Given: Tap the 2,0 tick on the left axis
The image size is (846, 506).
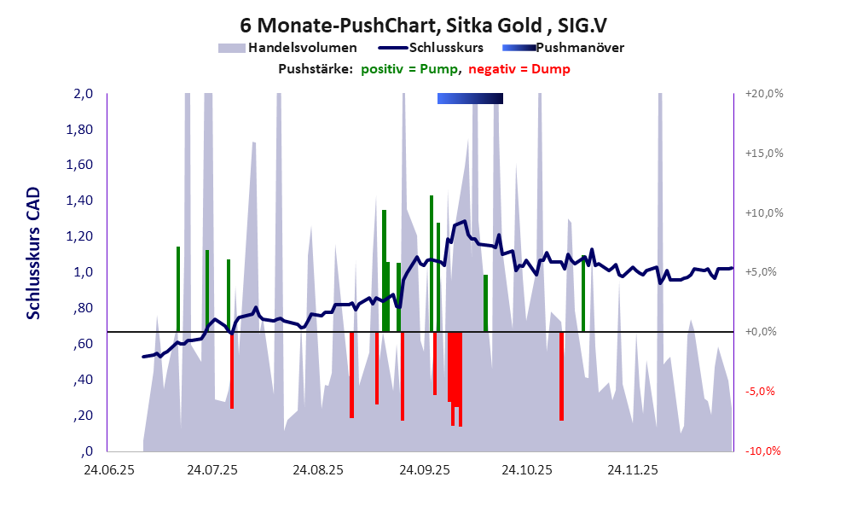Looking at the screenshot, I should coord(83,94).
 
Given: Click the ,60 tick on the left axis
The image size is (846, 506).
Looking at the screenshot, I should coord(83,344).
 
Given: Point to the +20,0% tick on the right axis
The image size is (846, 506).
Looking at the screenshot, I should coord(763,94).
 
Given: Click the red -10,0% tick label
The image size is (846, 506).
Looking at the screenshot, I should coord(764,451).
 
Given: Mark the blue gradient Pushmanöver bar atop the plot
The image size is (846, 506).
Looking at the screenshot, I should coord(470,99).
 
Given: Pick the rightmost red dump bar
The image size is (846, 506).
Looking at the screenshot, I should coord(561,375).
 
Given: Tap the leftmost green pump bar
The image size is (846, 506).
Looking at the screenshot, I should coord(178,288).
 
